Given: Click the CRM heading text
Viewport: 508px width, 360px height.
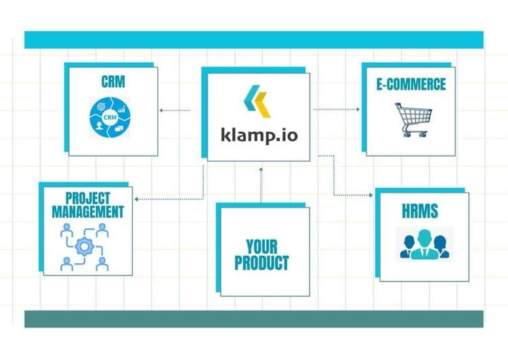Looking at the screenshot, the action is [113, 82].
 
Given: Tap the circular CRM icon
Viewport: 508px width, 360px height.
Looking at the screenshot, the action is [110, 117].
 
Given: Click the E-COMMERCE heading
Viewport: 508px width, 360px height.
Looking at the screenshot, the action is [411, 84].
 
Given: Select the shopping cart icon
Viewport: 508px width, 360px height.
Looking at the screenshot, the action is [413, 120].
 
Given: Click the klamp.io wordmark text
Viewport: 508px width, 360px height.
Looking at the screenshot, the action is [259, 135].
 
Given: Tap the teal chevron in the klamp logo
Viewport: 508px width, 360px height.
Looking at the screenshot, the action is [252, 97].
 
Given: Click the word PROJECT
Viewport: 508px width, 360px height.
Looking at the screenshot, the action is [88, 198].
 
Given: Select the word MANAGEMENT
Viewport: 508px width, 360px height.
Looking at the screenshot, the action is [88, 212].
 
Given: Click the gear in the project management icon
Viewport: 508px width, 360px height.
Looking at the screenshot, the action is [85, 247].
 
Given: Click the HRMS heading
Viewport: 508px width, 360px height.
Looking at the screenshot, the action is [420, 210].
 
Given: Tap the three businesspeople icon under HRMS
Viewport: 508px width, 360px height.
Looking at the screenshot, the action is [425, 244].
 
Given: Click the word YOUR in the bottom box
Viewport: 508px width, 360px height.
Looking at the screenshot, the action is [261, 247].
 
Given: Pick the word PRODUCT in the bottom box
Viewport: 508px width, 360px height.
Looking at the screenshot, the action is [261, 263].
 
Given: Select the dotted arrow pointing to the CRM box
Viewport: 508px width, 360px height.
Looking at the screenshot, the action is [175, 110].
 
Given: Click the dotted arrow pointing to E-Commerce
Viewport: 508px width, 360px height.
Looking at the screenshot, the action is [337, 110].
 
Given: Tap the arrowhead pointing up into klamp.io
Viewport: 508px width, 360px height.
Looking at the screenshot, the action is [261, 169].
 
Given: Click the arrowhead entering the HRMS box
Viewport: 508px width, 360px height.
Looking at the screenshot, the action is [371, 195].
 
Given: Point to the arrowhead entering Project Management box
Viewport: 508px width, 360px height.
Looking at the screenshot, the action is [136, 199].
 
